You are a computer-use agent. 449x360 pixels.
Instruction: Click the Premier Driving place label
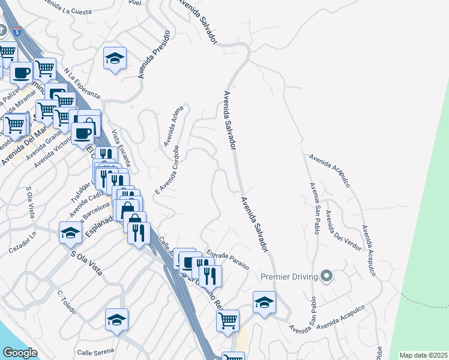[x=289, y=277]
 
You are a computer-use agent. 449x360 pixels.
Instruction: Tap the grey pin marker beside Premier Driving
[x=326, y=276]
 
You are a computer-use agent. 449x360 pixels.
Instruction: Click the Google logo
[x=19, y=352]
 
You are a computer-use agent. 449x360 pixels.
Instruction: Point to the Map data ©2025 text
[x=424, y=355]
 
